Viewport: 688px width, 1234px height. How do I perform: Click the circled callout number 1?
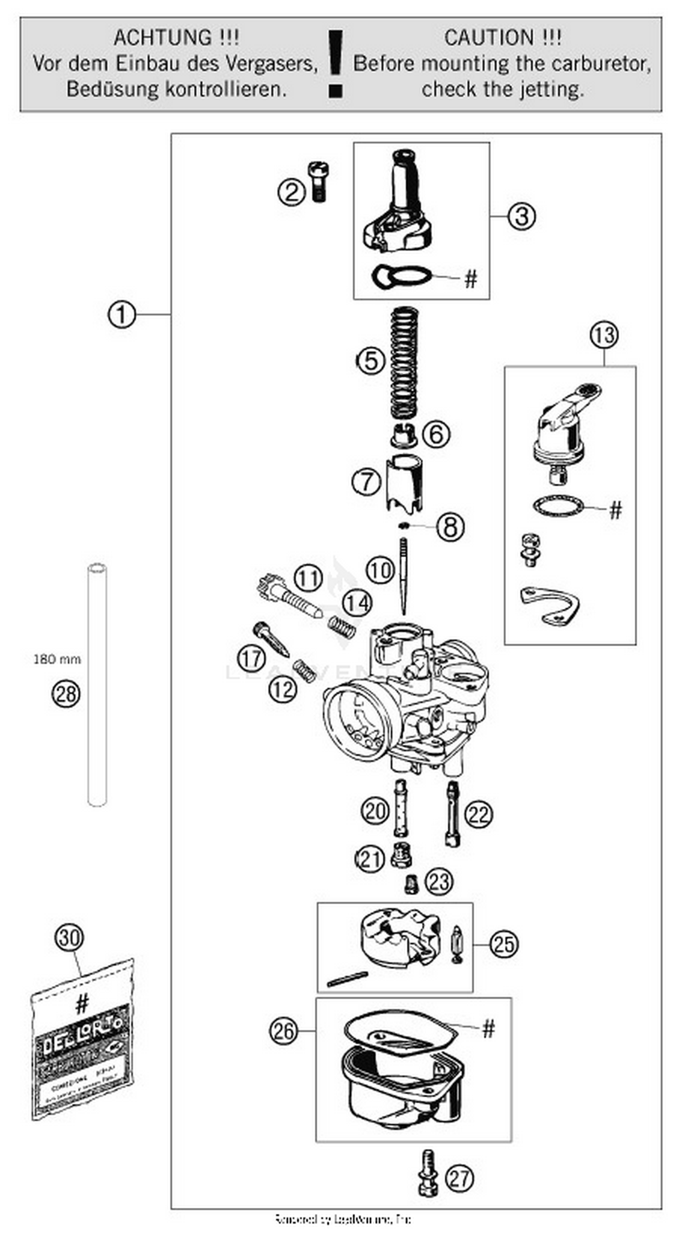pyautogui.click(x=121, y=315)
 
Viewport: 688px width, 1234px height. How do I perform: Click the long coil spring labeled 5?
pyautogui.click(x=405, y=362)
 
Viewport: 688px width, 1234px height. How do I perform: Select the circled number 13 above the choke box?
pyautogui.click(x=604, y=335)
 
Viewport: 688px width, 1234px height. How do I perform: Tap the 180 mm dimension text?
pyautogui.click(x=56, y=659)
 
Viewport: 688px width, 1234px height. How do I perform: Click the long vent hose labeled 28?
pyautogui.click(x=97, y=685)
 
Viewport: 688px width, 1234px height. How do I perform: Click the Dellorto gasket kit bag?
pyautogui.click(x=83, y=1044)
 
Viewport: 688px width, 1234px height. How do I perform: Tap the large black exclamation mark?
pyautogui.click(x=335, y=63)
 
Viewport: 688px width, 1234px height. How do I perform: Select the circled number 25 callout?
pyautogui.click(x=503, y=945)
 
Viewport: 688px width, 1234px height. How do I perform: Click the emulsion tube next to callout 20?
pyautogui.click(x=400, y=808)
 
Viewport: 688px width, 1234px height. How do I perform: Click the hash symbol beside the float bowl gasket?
pyautogui.click(x=488, y=1029)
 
